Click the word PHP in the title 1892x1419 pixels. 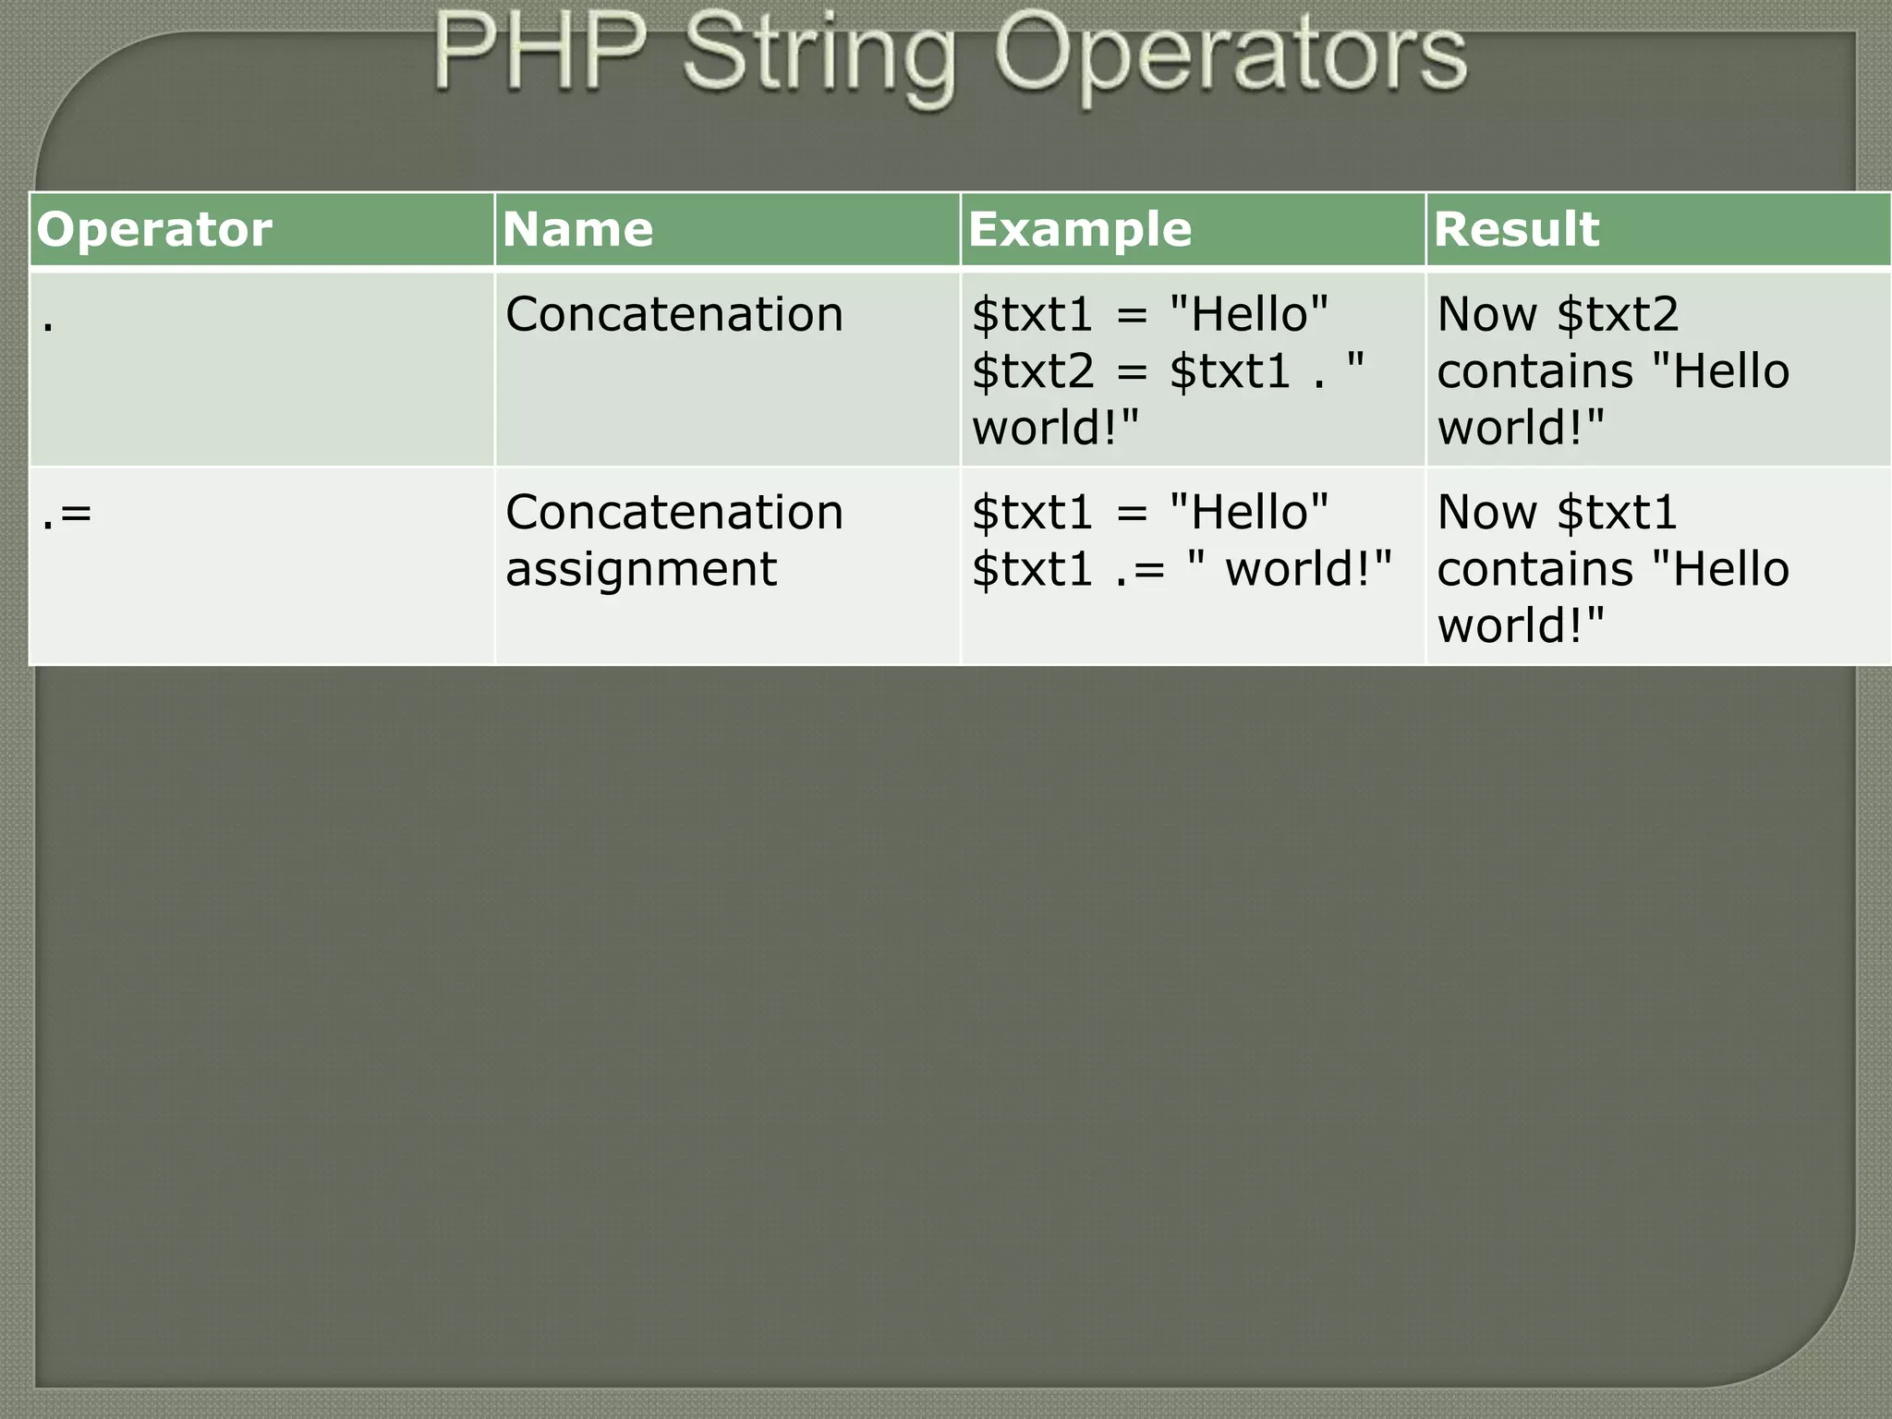(x=539, y=54)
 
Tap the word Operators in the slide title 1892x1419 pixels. (x=1230, y=55)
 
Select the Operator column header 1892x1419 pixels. (x=154, y=229)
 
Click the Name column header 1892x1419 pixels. (x=577, y=229)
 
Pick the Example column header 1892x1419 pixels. (x=1079, y=229)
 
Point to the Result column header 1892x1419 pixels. (x=1515, y=229)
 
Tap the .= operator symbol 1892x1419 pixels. (x=67, y=514)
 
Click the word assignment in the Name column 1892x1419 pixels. (x=641, y=569)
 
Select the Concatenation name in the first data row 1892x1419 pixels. (x=673, y=314)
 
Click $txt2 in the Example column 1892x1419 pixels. (x=1032, y=371)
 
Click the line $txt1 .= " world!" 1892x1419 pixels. (x=1181, y=569)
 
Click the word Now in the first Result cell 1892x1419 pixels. (x=1486, y=314)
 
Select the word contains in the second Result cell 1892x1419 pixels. (x=1534, y=569)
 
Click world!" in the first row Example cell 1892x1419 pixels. (x=1055, y=428)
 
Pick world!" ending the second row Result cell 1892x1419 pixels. (x=1520, y=625)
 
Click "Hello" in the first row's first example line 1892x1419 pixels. (x=1248, y=314)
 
